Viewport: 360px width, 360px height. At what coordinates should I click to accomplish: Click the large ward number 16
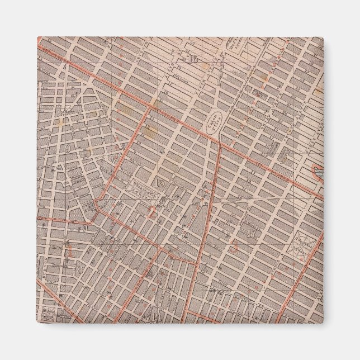click(194, 60)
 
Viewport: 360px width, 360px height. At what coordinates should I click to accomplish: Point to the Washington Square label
click(142, 188)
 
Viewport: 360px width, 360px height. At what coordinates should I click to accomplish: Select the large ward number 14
click(155, 318)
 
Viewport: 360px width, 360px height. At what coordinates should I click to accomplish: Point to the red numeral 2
click(151, 210)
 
